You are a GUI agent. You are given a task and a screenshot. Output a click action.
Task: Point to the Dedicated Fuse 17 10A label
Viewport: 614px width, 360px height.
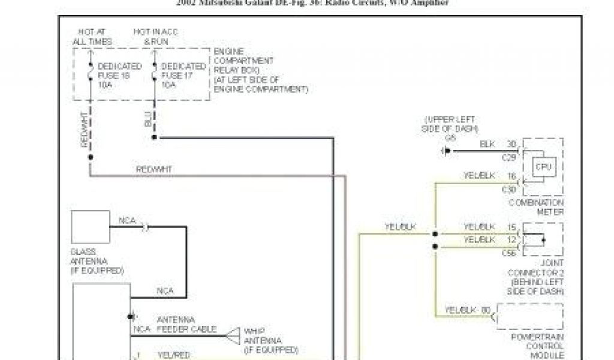tap(183, 75)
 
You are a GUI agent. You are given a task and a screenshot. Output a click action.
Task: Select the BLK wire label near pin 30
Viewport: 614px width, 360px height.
tap(487, 145)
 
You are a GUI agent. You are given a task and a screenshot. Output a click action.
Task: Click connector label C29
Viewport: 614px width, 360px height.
tap(509, 157)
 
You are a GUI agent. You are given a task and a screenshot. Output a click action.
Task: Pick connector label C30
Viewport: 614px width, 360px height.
tap(509, 190)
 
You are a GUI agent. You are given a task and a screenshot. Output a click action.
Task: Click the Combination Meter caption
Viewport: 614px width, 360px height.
tap(536, 207)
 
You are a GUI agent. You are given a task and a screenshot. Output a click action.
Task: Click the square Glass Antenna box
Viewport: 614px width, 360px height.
tap(90, 227)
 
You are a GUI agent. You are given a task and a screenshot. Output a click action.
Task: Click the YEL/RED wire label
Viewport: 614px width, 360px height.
tap(172, 354)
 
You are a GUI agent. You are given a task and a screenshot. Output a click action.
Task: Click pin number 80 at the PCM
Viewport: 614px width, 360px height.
tap(486, 310)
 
